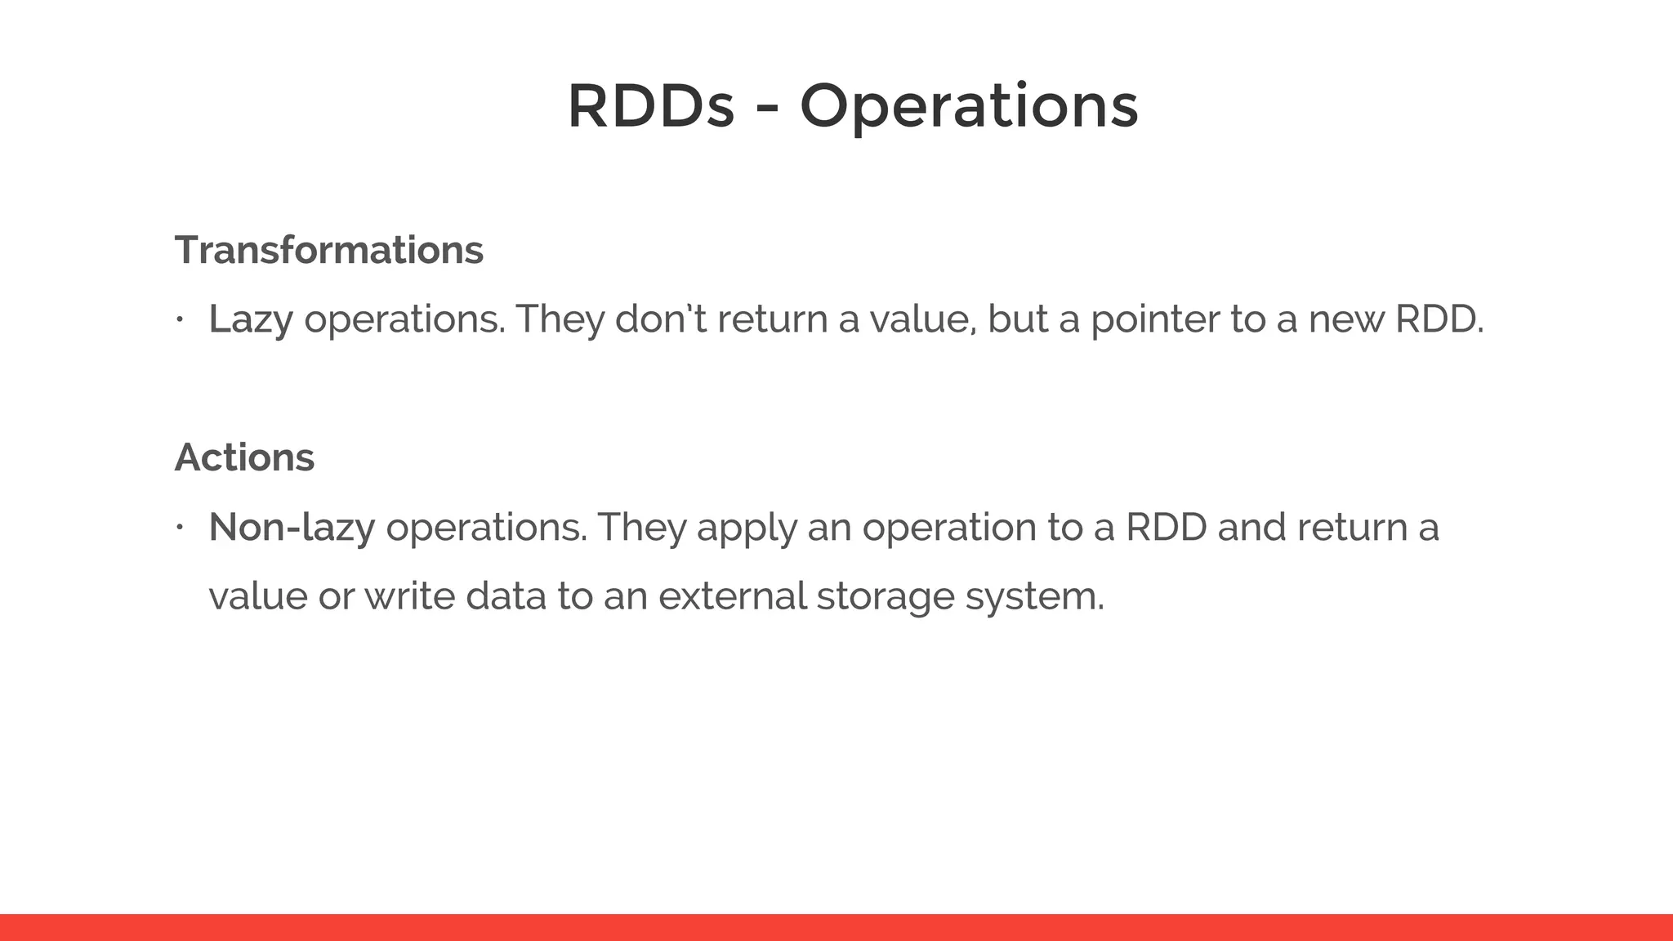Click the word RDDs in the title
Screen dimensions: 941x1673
click(650, 107)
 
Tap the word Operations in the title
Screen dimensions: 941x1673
click(969, 107)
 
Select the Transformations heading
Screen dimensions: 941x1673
click(328, 250)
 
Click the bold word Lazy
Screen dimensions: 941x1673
click(250, 319)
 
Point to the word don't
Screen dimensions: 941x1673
click(661, 319)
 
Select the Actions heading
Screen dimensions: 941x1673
click(244, 457)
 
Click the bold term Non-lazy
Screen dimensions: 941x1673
click(292, 528)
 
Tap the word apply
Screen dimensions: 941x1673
click(746, 528)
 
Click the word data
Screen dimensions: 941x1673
click(506, 596)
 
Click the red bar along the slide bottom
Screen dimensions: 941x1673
click(836, 927)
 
